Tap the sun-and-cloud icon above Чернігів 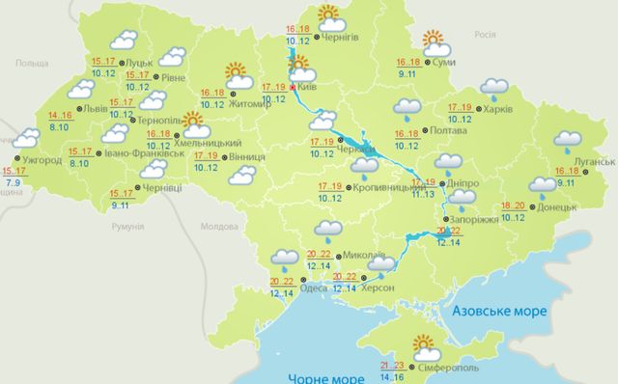click(x=329, y=14)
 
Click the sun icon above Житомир click(x=237, y=72)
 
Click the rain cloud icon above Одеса click(x=284, y=258)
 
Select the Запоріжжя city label click(x=476, y=219)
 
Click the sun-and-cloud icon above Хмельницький click(x=196, y=123)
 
